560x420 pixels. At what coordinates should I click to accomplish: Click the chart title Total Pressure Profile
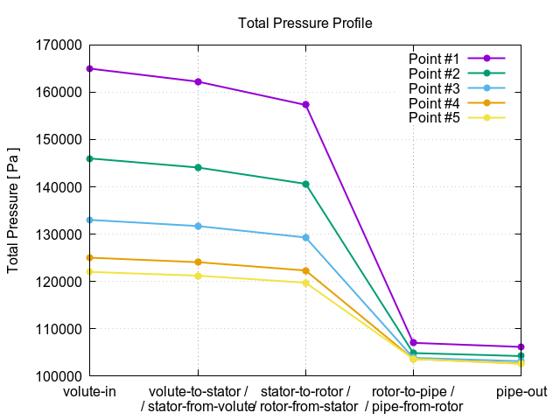pos(305,24)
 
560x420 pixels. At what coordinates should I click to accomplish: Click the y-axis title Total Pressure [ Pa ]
pos(14,210)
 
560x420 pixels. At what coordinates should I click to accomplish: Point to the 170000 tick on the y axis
pos(57,45)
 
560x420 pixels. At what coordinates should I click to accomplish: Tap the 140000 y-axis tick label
pos(57,187)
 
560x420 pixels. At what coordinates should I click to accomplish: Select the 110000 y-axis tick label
pos(57,329)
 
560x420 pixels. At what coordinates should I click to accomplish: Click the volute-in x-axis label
pos(90,391)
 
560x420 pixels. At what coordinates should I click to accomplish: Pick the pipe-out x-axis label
pos(521,391)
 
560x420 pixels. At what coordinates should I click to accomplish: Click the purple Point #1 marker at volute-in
pos(90,68)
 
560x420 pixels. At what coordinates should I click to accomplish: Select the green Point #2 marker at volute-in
pos(90,158)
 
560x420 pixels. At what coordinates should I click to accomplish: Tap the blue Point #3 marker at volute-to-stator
pos(198,226)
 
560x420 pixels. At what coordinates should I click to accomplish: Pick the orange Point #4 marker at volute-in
pos(90,258)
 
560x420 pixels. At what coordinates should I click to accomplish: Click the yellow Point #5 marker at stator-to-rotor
pos(305,283)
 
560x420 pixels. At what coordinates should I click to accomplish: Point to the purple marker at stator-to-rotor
pos(305,105)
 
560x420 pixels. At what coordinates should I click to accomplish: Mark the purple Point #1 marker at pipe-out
pos(521,347)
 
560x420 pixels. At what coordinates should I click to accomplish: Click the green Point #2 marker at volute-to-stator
pos(198,167)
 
